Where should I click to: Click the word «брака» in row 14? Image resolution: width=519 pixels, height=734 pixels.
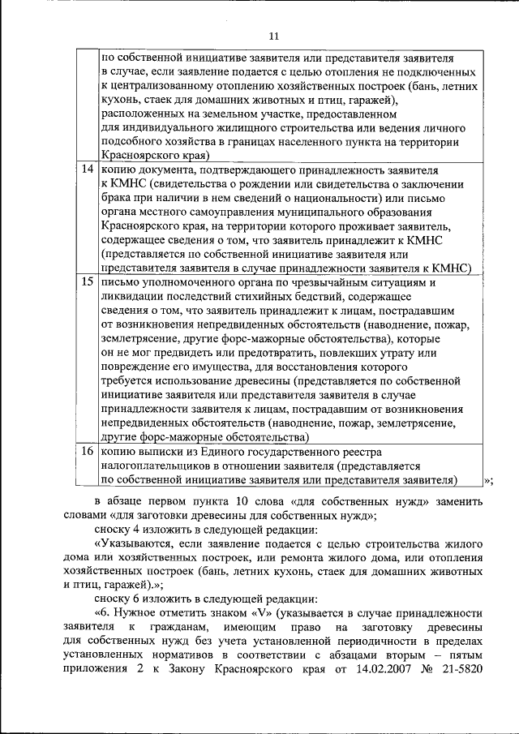[118, 199]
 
